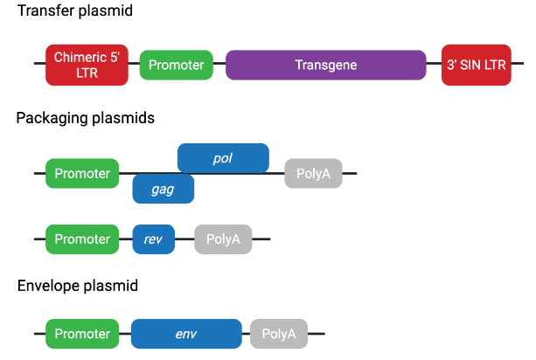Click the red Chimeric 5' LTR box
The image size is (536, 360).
87,65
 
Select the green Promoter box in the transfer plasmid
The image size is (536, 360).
176,65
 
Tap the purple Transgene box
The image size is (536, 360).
326,65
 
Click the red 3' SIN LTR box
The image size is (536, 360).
476,65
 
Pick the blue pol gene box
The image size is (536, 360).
223,157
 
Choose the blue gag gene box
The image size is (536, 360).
163,189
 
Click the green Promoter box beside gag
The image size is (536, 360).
82,173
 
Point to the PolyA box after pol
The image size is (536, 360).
313,173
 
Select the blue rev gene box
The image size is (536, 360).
154,239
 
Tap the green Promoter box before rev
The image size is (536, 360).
82,239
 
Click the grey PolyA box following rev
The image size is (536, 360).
223,239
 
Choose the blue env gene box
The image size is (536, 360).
186,333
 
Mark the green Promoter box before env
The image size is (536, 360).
82,333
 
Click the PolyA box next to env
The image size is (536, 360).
279,333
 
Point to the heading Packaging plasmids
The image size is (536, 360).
85,118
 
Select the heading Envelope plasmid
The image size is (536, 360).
77,286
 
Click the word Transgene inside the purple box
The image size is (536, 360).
326,65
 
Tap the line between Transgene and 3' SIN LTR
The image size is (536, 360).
434,65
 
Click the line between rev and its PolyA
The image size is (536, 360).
184,239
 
